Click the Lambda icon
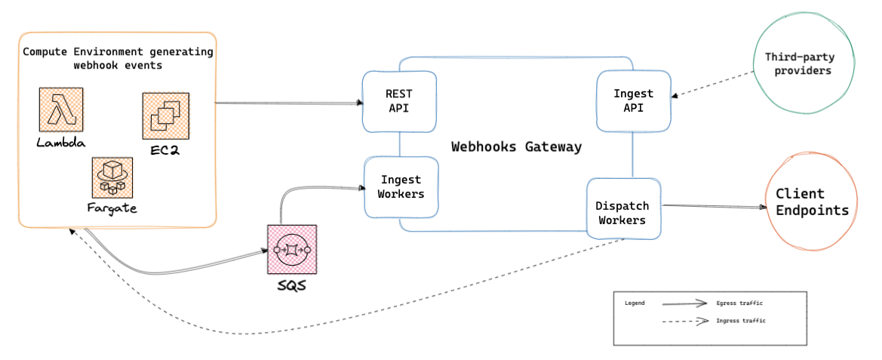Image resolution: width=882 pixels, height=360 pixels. click(61, 110)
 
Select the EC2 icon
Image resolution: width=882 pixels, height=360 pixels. click(165, 116)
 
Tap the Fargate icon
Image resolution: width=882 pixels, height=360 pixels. click(111, 178)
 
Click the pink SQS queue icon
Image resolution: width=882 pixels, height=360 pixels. click(292, 250)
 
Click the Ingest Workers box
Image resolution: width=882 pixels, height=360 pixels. click(401, 186)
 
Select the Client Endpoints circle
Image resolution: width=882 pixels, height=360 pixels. click(811, 202)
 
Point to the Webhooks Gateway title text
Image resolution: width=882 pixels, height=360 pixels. click(516, 146)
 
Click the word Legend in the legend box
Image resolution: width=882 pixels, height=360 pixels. click(635, 303)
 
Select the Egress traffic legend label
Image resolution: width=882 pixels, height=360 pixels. click(739, 303)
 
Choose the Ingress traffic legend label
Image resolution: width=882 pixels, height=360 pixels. click(741, 321)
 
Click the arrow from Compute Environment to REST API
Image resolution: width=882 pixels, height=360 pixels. click(287, 103)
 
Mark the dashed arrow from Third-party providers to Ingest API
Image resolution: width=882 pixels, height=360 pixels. click(713, 85)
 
